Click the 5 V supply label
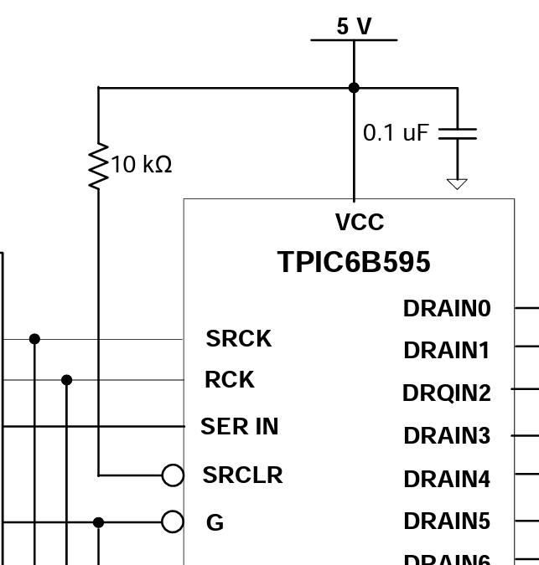(354, 27)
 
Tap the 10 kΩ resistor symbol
(99, 166)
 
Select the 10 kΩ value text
(141, 165)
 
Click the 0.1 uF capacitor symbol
(458, 133)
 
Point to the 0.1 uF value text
(396, 133)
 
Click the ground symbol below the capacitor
(457, 183)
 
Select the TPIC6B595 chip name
(354, 262)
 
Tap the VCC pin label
(360, 223)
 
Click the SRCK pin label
(239, 339)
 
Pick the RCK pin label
(230, 380)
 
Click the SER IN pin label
(240, 427)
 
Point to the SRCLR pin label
(242, 475)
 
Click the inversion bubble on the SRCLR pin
(173, 475)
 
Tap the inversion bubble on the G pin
(173, 522)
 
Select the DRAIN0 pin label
(446, 309)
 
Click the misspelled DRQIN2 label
(446, 393)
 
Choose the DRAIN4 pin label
(446, 480)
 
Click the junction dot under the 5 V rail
(354, 87)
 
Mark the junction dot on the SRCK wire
(34, 339)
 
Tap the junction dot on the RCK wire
(67, 380)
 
